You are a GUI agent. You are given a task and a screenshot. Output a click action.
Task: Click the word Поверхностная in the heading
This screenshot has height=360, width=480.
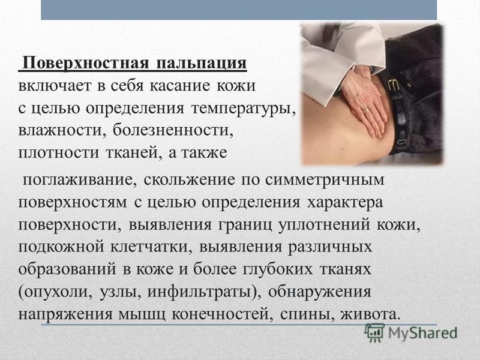click(86, 64)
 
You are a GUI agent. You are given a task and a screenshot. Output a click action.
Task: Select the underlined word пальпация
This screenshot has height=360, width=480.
click(202, 64)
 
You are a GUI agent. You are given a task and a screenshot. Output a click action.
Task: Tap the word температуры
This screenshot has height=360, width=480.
click(244, 109)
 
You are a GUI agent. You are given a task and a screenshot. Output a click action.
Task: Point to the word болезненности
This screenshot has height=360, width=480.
click(171, 130)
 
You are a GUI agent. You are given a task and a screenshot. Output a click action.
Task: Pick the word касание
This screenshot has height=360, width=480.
click(180, 86)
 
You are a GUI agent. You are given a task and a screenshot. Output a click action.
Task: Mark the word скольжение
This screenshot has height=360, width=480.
click(190, 179)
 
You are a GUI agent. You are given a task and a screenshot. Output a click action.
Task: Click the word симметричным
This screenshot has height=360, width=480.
click(325, 179)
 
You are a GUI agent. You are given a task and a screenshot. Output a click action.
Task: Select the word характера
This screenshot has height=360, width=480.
click(345, 203)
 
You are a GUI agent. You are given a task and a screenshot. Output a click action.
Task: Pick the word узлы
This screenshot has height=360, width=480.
click(121, 292)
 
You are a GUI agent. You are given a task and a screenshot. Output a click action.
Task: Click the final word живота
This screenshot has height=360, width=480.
click(370, 314)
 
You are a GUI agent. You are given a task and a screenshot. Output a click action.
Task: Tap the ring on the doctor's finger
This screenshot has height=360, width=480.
click(366, 109)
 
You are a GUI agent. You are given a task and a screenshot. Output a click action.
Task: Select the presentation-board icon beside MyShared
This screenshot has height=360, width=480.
click(374, 333)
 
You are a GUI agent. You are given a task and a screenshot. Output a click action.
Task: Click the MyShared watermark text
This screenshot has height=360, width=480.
click(422, 333)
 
